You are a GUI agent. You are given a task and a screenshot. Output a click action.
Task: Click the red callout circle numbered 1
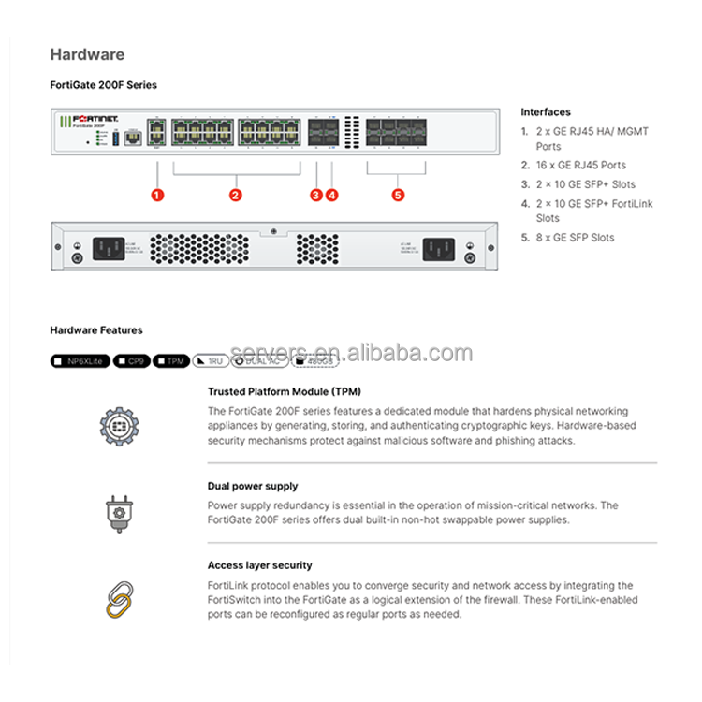pyautogui.click(x=157, y=195)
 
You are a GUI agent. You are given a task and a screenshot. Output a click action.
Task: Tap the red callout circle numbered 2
pyautogui.click(x=236, y=195)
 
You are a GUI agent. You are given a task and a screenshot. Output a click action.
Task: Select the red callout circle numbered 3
pyautogui.click(x=316, y=195)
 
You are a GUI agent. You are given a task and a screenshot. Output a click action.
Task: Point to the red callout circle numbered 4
pyautogui.click(x=331, y=195)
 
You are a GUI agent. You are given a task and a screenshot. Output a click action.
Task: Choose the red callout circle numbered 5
pyautogui.click(x=398, y=195)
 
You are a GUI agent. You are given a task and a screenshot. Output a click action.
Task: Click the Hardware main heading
pyautogui.click(x=87, y=54)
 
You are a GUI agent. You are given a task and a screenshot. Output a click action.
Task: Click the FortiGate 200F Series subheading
pyautogui.click(x=103, y=85)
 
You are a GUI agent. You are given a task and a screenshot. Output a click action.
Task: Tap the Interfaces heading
pyautogui.click(x=546, y=112)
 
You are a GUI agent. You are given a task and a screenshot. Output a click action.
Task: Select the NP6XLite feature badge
pyautogui.click(x=79, y=360)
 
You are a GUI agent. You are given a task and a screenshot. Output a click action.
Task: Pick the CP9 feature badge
pyautogui.click(x=131, y=360)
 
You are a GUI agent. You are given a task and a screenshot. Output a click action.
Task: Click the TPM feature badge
pyautogui.click(x=170, y=360)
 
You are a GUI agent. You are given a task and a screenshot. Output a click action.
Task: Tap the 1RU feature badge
pyautogui.click(x=211, y=360)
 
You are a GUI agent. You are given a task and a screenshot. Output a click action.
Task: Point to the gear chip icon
pyautogui.click(x=119, y=426)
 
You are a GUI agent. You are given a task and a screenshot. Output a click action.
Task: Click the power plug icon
pyautogui.click(x=118, y=513)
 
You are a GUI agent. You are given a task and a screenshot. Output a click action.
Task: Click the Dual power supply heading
pyautogui.click(x=253, y=486)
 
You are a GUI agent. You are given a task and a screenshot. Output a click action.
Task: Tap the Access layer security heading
pyautogui.click(x=260, y=565)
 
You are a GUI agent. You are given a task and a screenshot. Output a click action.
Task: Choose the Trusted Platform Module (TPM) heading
pyautogui.click(x=285, y=391)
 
